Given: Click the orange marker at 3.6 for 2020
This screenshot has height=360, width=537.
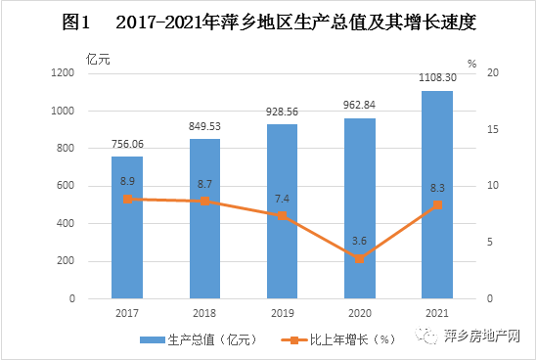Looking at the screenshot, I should point(359,258).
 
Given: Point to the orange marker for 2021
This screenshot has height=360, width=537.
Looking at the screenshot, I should point(436,205).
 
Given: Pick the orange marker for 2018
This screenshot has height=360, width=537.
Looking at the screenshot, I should point(204,201).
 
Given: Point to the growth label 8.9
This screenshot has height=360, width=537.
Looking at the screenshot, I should point(127,182).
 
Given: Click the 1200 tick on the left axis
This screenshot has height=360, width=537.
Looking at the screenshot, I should point(63,73).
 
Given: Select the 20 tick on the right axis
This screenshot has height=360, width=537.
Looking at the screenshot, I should point(494,73).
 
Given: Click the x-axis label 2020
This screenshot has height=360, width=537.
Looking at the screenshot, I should point(359,314).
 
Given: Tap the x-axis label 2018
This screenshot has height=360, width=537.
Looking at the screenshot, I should point(204,314).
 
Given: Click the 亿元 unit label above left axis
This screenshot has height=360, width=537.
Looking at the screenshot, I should point(98,58).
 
